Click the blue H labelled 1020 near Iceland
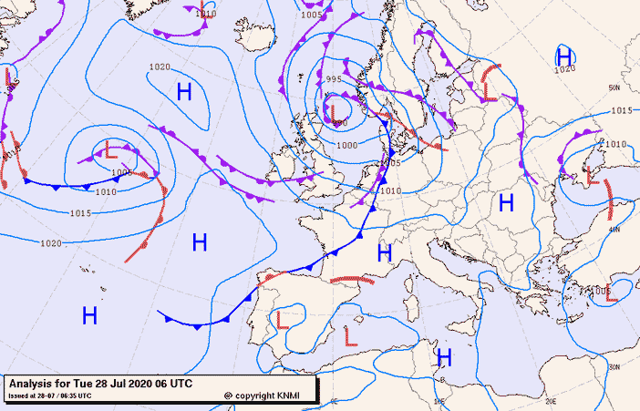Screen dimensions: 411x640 coord(184,91)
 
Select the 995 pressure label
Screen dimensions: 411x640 coord(332,80)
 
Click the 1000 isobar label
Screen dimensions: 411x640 coord(346,146)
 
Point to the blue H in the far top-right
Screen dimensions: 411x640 coord(564,55)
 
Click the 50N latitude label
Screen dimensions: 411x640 coord(614,87)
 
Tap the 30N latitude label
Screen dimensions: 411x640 coord(614,366)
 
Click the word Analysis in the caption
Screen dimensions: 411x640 coord(33,384)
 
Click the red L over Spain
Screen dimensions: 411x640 coord(282,320)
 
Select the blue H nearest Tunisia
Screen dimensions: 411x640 coord(444,356)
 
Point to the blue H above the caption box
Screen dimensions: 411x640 coord(89,316)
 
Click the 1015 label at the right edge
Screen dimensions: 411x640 coord(621,110)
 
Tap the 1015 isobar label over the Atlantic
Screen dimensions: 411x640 coord(80,213)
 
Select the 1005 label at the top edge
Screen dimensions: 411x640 coord(312,15)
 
